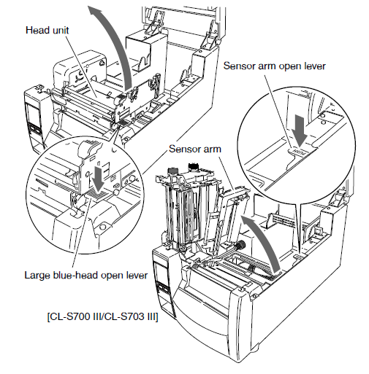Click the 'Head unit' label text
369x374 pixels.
pos(47,30)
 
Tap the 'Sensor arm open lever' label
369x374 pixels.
pos(275,66)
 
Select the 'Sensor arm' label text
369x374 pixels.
pos(195,149)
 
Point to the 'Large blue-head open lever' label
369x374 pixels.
pos(86,275)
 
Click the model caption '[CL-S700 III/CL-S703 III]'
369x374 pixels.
pos(102,317)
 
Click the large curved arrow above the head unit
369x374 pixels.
pos(113,44)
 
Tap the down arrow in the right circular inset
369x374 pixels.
pos(300,130)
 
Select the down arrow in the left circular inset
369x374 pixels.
pos(99,178)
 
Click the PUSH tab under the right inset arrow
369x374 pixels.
pos(300,151)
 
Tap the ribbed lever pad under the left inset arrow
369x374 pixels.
pos(97,195)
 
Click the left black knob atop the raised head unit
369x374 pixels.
pos(172,171)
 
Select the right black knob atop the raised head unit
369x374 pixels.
pos(194,166)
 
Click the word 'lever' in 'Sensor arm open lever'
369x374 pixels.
pos(315,66)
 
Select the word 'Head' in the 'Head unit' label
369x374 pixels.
pos(36,30)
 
